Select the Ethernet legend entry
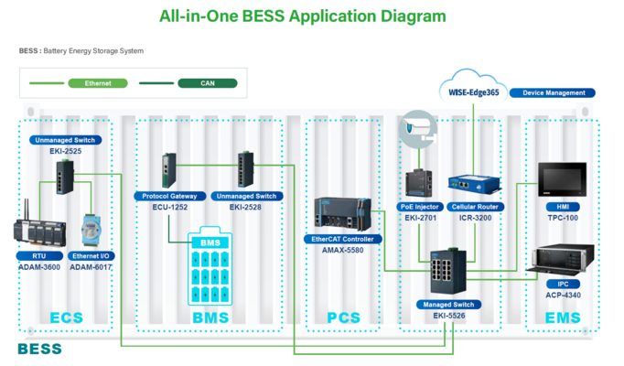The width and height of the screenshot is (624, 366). click(98, 83)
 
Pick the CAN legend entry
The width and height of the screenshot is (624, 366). click(208, 83)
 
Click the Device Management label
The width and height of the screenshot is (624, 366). click(553, 92)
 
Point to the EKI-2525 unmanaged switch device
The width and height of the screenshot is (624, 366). click(65, 176)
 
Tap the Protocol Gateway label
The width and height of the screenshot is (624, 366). click(169, 196)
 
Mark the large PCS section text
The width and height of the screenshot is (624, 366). click(344, 318)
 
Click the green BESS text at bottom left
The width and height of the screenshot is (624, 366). click(40, 349)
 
